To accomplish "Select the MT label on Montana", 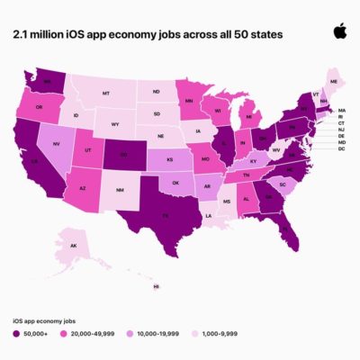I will pyautogui.click(x=106, y=93).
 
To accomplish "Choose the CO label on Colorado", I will pyautogui.click(x=122, y=153).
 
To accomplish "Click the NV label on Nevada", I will pyautogui.click(x=57, y=142).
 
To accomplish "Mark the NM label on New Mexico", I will pyautogui.click(x=120, y=190).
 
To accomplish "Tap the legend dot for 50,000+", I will pyautogui.click(x=16, y=335).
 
